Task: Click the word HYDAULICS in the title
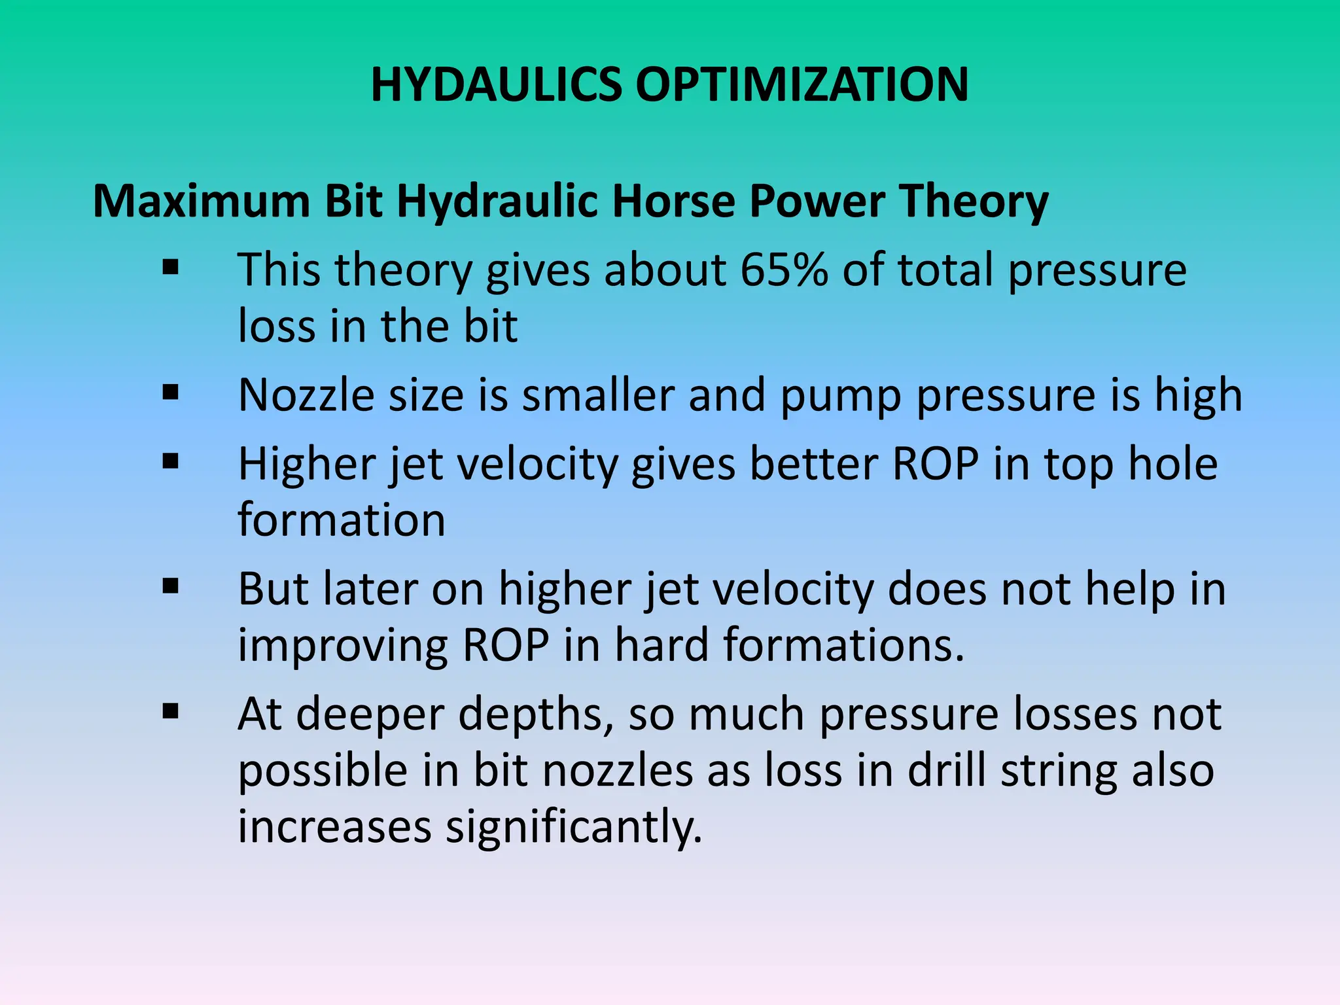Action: click(x=496, y=85)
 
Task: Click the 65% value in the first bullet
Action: click(x=784, y=270)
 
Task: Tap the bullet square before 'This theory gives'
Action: click(x=171, y=267)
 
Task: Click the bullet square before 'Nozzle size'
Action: click(x=171, y=393)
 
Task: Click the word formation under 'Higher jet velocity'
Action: click(x=341, y=520)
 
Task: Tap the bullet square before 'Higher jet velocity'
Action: click(x=171, y=461)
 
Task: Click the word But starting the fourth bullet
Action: click(x=273, y=589)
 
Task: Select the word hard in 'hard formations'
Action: click(x=661, y=645)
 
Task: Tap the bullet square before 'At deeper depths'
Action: click(x=171, y=711)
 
